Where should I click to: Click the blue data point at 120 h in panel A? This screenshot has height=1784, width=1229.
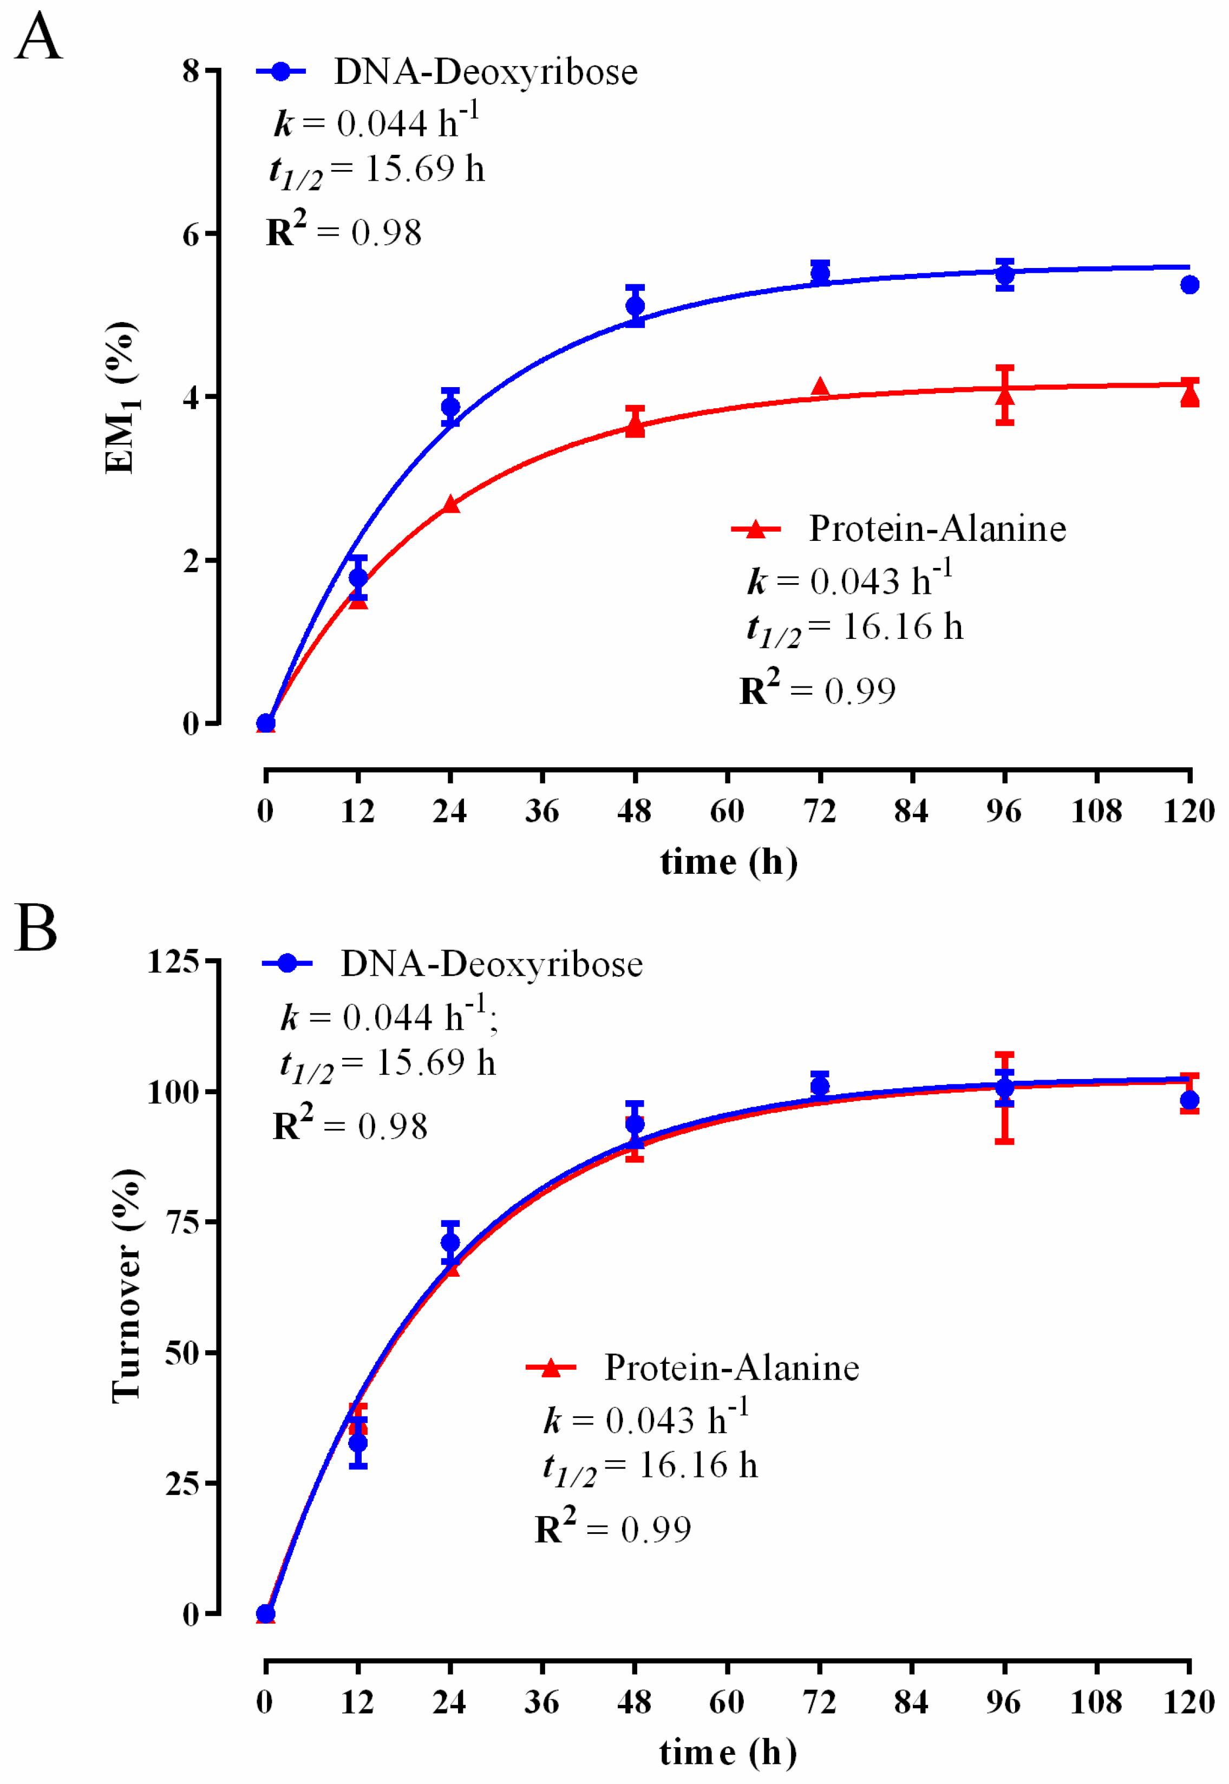[x=1189, y=285]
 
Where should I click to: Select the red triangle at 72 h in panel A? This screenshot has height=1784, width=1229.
[x=820, y=387]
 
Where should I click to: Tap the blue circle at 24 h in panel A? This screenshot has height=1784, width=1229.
[x=450, y=407]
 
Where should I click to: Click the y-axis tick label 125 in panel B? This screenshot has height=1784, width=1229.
[x=173, y=961]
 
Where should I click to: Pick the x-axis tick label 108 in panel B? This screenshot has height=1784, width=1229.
[x=1096, y=1702]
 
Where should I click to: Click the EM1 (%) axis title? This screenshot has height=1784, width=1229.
[x=122, y=396]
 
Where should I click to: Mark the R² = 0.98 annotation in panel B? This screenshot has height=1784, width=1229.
[x=350, y=1125]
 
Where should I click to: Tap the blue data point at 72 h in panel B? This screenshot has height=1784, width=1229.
[x=820, y=1087]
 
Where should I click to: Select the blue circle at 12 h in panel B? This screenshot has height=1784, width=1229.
[x=358, y=1443]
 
